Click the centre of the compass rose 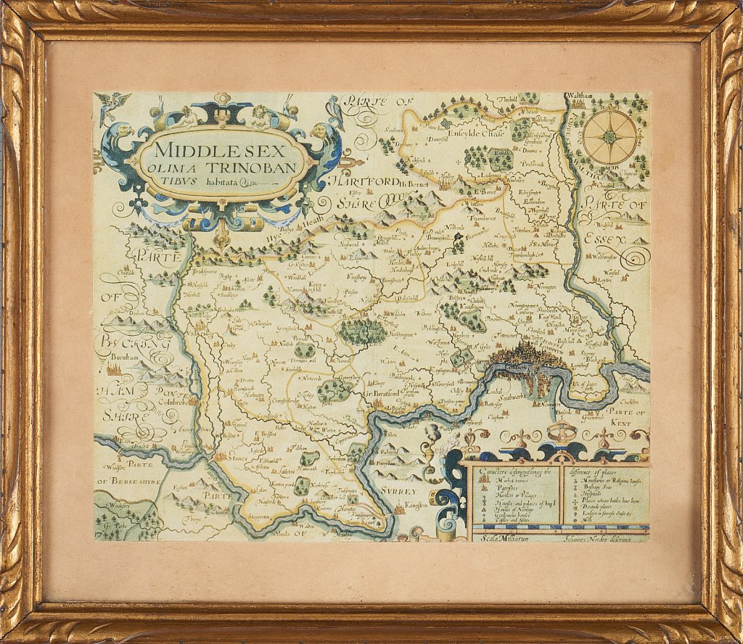click(610, 136)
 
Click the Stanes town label click(237, 458)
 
